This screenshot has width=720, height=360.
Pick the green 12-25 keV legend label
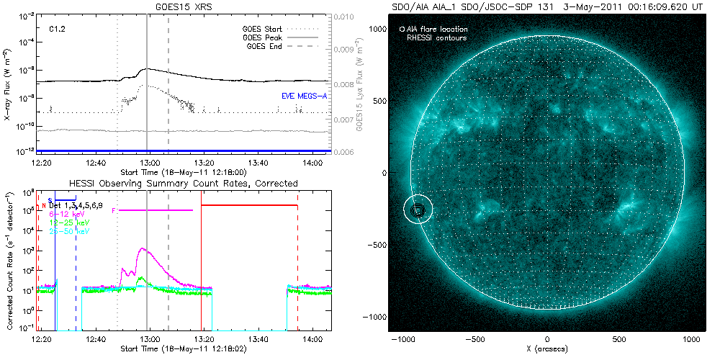tap(65, 222)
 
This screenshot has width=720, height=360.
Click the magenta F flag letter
tap(114, 210)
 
